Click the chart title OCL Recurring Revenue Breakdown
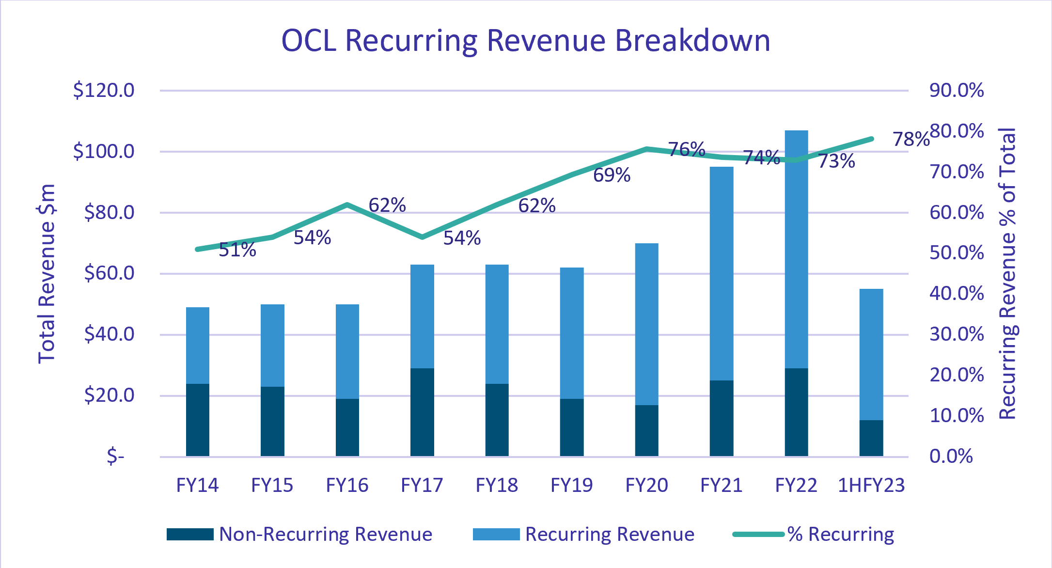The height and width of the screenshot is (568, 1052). pos(526,40)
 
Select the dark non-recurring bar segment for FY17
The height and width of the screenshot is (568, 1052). pos(422,412)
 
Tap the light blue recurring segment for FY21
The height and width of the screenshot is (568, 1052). pos(722,273)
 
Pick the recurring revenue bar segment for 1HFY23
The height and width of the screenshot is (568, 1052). pos(871,354)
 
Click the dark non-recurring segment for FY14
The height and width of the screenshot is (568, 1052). pos(198,420)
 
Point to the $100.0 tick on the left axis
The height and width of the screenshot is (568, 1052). pos(104,152)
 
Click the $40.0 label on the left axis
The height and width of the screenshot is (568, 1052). pos(109,334)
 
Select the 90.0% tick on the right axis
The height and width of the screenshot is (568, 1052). pos(957,91)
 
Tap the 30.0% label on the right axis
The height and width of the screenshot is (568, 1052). pos(957,334)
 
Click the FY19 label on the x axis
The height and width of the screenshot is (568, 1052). pos(572,485)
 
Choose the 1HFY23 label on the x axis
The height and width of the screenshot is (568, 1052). pos(871,485)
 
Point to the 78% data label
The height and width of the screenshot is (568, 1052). pos(911,140)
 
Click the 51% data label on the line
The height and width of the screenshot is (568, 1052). pos(237,250)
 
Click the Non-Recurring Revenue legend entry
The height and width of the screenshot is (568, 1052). pos(299,534)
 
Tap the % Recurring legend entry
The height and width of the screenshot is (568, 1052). pos(814,534)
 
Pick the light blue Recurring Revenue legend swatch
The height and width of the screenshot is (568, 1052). pos(496,534)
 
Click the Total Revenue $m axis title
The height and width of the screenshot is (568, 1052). pos(47,274)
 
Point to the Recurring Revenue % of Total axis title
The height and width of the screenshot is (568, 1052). pos(1008,274)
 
